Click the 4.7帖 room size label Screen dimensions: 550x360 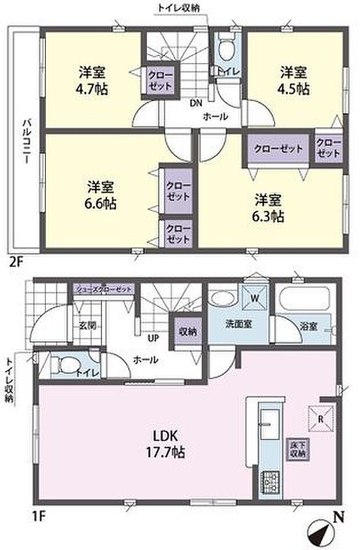point(93,89)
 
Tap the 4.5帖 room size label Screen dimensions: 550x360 point(294,89)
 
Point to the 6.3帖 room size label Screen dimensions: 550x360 point(268,216)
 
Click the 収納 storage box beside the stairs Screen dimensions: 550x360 point(186,332)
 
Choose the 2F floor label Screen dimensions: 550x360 point(16,261)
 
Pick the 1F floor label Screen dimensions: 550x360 point(16,515)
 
